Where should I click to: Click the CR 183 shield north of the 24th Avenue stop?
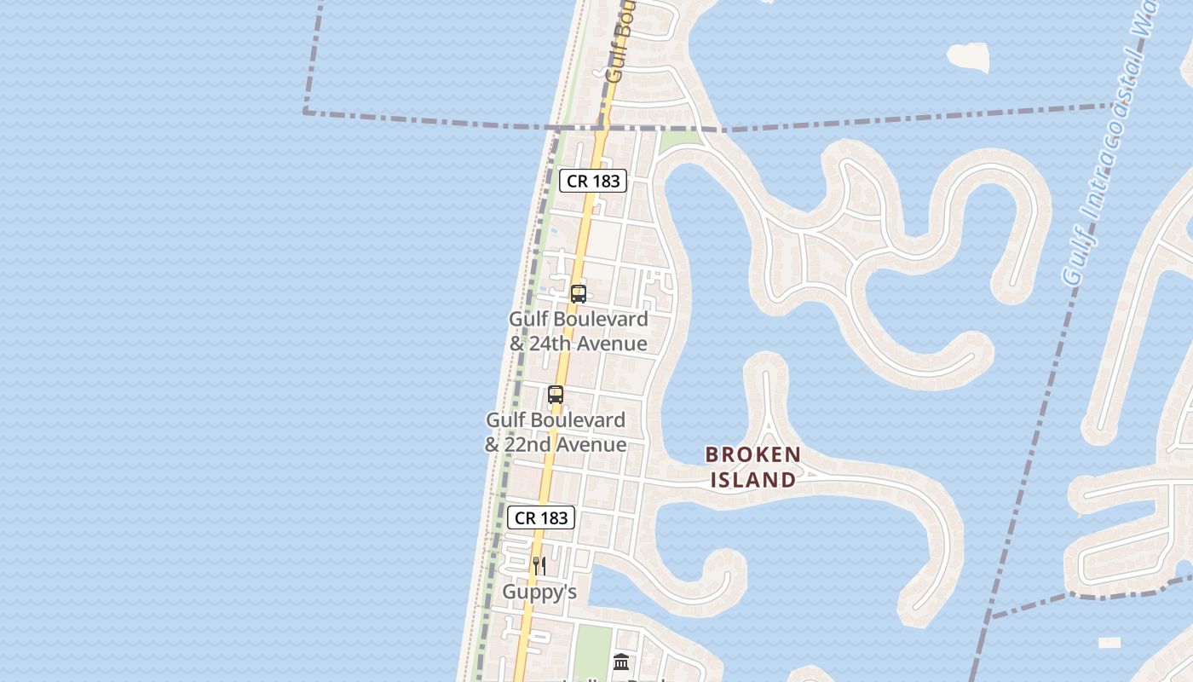(593, 181)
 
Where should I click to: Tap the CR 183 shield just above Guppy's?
(541, 517)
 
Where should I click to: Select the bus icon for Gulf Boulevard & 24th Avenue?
(579, 294)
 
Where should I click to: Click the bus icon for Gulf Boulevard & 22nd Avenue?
(556, 395)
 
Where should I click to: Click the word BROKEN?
(753, 454)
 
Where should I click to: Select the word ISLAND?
(753, 480)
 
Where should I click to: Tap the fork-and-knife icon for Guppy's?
(539, 565)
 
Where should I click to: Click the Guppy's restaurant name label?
(539, 592)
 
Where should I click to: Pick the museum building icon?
(621, 662)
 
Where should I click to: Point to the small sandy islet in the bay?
(968, 58)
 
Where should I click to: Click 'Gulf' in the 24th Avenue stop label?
(528, 319)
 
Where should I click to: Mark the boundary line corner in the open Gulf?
(305, 112)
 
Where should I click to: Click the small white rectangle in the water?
(1109, 643)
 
